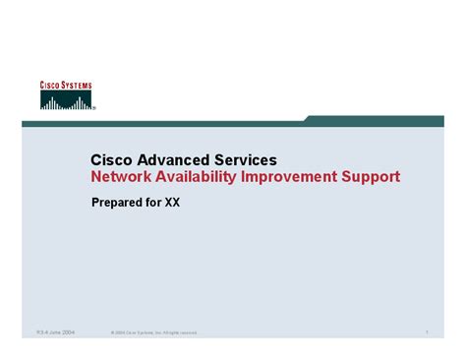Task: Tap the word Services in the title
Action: [244, 159]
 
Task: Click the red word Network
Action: [122, 177]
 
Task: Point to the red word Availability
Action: [200, 177]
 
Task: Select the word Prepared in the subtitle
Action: [119, 204]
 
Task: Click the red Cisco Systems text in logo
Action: [66, 87]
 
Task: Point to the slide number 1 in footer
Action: [428, 332]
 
